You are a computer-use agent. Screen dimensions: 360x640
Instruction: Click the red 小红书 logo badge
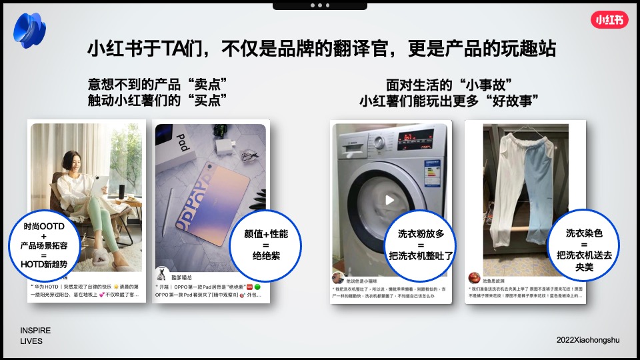coord(609,20)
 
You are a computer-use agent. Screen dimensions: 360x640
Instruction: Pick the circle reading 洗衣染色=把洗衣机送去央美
coord(579,244)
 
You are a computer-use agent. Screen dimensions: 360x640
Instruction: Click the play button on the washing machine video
coord(390,199)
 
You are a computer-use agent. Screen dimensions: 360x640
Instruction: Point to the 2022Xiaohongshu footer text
coord(588,340)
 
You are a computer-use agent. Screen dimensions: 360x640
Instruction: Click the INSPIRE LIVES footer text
coord(35,335)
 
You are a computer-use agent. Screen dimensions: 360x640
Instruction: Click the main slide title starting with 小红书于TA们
coord(321,49)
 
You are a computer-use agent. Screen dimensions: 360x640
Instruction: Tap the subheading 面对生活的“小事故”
coord(449,85)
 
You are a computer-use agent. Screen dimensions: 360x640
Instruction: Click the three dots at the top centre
coord(319,5)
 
